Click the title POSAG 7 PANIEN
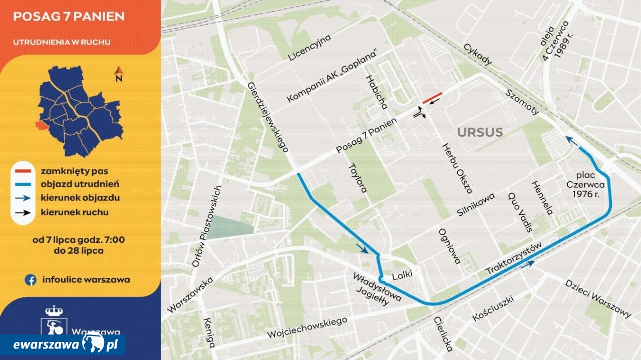(69, 17)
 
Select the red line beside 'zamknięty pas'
(24, 171)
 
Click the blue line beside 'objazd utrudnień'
(24, 184)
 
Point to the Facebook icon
(31, 280)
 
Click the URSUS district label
(479, 133)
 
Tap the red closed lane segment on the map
(432, 98)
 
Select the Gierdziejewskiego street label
(268, 117)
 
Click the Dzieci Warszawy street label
(598, 298)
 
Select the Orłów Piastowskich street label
(207, 227)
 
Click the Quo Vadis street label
(519, 212)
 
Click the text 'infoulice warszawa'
(86, 280)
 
